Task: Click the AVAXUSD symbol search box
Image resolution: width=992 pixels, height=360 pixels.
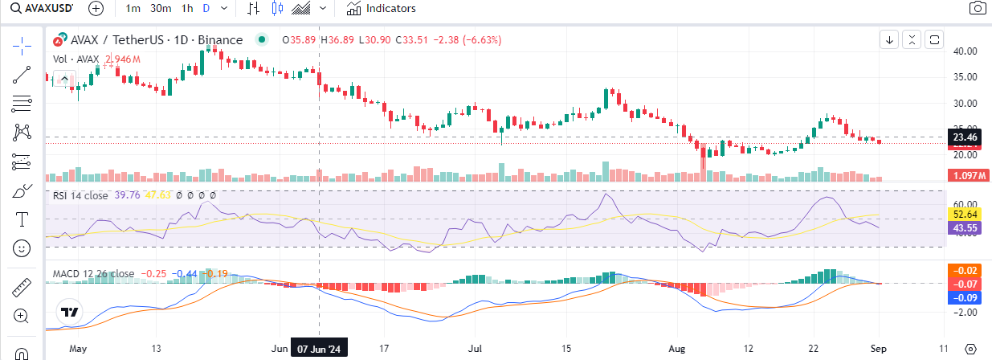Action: click(40, 9)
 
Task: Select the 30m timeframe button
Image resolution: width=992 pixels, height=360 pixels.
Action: click(161, 9)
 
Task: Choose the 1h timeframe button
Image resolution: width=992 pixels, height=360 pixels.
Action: click(187, 9)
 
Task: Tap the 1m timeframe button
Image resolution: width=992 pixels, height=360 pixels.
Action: click(134, 9)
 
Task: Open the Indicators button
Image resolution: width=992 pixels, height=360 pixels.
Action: click(382, 9)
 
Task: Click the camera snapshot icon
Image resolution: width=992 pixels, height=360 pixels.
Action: click(977, 9)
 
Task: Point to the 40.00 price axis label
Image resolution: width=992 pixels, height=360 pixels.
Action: click(964, 51)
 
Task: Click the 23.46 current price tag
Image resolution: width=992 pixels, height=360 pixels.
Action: click(964, 137)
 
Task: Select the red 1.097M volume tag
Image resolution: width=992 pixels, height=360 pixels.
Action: click(964, 176)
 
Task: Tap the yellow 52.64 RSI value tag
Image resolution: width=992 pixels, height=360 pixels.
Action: click(964, 215)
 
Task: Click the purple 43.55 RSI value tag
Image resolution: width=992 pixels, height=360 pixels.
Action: click(964, 228)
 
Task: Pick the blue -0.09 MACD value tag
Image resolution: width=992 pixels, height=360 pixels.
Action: click(964, 297)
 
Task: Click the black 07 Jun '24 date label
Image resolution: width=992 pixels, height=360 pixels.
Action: click(320, 350)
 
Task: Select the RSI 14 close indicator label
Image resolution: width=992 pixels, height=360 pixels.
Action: click(80, 194)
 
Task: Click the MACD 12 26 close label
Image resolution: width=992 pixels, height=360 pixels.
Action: click(93, 274)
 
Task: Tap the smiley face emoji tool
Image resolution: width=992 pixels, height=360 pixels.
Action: click(22, 247)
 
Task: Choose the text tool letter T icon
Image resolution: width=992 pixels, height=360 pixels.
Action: click(22, 219)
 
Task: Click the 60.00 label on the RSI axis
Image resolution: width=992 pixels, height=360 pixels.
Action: click(964, 203)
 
